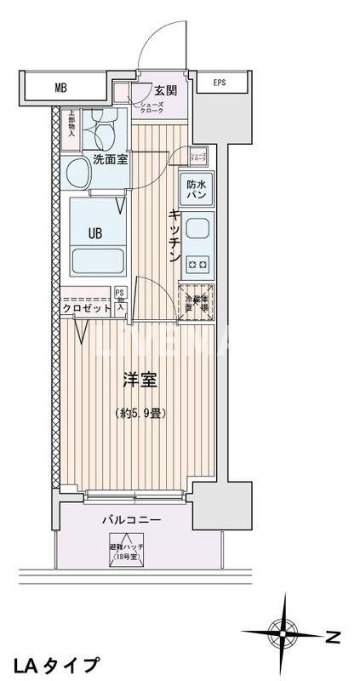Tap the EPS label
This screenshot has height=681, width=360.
(x=220, y=83)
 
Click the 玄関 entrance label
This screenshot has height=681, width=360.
(x=165, y=91)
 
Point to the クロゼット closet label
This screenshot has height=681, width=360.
(x=87, y=308)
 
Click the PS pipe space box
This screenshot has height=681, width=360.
(x=120, y=299)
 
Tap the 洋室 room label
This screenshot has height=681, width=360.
(x=140, y=381)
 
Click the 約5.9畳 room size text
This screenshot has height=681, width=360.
(x=140, y=414)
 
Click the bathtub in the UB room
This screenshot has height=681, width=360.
(x=98, y=259)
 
